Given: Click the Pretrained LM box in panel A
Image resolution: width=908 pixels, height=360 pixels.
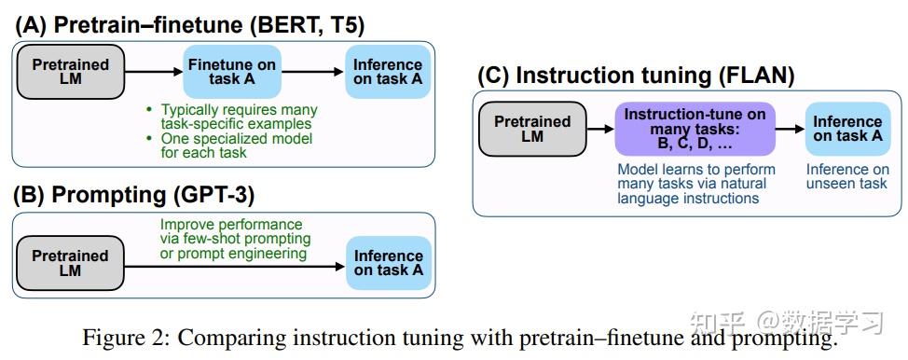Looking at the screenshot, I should point(71,72).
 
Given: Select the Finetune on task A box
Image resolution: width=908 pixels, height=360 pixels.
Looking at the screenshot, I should point(230,72).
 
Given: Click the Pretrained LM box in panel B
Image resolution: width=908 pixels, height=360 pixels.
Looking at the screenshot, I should point(71,263).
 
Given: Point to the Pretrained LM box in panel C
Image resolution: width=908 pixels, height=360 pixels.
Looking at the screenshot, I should point(532,129).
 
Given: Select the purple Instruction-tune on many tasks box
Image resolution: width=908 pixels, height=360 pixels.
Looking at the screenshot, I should point(695,129).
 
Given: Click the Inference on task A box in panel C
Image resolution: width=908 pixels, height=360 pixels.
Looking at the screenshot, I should point(847,129).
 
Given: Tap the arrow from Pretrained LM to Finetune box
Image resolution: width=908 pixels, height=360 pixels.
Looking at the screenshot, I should point(154,72).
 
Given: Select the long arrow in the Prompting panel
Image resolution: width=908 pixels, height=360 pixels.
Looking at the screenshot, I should point(233,268).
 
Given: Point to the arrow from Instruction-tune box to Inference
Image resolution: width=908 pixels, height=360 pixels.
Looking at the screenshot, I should point(790,130).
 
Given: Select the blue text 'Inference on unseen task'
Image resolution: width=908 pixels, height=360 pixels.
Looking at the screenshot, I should point(847,176).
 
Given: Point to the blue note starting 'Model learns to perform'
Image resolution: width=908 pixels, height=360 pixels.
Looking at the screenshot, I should point(695,184).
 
